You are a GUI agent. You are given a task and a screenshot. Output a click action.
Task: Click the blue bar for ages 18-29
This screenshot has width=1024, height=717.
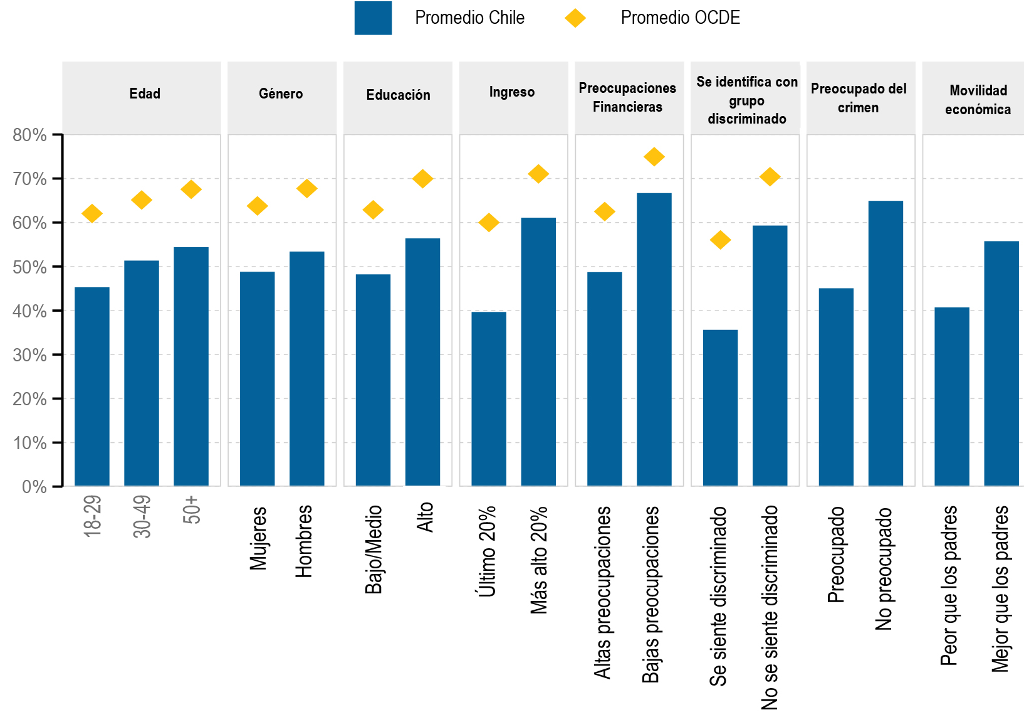click(92, 386)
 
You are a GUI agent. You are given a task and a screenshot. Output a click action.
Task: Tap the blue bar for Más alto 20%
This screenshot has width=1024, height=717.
click(538, 352)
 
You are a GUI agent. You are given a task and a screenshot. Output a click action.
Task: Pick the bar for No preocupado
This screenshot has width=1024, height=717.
click(886, 343)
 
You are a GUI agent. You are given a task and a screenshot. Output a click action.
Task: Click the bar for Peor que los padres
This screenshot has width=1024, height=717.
click(951, 396)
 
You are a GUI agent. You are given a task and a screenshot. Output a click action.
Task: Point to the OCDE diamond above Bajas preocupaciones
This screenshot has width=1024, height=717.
click(654, 157)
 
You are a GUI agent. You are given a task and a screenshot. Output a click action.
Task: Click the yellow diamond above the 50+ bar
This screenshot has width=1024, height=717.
click(191, 189)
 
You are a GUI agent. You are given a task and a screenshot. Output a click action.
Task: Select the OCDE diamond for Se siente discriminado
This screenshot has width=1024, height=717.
click(721, 240)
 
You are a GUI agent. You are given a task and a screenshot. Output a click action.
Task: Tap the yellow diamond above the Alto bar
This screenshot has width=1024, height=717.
click(423, 179)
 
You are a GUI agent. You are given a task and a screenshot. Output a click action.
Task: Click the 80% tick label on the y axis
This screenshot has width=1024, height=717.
click(29, 135)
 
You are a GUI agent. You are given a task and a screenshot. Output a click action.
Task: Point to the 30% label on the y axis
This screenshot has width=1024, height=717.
click(29, 355)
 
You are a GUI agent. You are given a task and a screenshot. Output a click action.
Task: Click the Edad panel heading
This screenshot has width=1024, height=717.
click(145, 94)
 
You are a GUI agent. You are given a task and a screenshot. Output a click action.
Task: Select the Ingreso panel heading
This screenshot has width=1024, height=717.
click(512, 92)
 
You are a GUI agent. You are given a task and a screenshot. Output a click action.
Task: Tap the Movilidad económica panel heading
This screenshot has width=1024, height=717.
click(978, 100)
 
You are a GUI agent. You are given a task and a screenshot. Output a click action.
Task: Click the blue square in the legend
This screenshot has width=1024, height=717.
click(373, 18)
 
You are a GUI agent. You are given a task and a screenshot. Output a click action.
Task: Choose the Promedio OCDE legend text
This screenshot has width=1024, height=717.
click(680, 18)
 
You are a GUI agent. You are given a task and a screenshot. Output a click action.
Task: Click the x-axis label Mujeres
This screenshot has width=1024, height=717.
click(258, 538)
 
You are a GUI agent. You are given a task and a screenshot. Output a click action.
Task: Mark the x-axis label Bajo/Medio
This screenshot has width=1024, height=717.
click(374, 550)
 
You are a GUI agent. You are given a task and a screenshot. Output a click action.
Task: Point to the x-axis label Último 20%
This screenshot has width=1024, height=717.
click(487, 551)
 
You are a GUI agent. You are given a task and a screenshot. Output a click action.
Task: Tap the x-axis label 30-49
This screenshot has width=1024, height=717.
click(142, 517)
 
